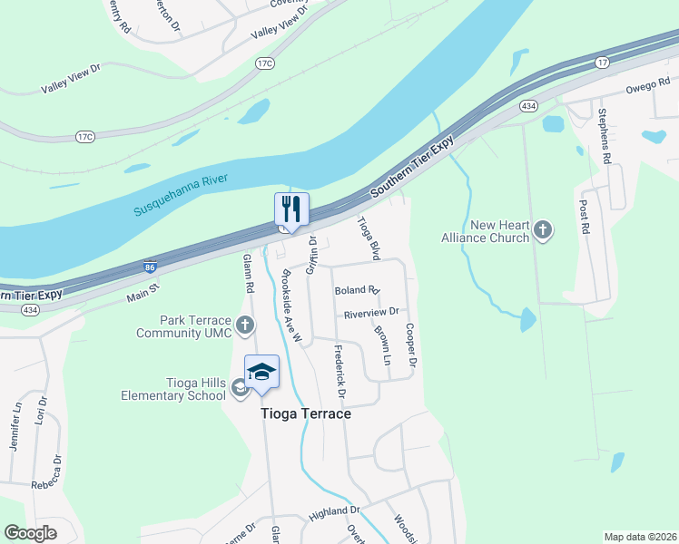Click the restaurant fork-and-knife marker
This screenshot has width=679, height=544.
[291, 209]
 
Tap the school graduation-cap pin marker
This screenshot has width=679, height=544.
[261, 373]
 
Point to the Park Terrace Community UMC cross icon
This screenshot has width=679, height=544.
[244, 325]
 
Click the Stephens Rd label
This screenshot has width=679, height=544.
[603, 136]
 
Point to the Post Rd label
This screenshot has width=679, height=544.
[584, 219]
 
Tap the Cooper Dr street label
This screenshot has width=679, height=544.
[410, 345]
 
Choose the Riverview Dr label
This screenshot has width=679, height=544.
[370, 313]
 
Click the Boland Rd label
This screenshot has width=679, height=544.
[356, 291]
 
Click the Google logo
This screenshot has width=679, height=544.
[30, 533]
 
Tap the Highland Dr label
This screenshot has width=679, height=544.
[335, 513]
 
